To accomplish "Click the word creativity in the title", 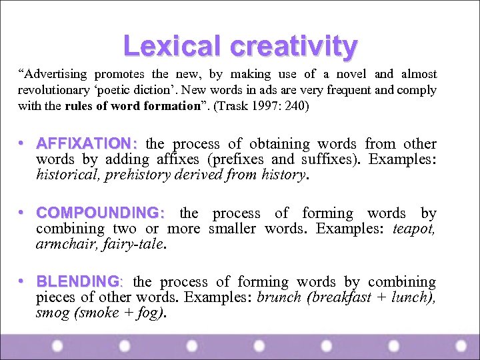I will pos(294,46).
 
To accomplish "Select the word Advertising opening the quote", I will pos(56,74).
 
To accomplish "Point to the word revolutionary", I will pos(52,90).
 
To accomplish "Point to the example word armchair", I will pos(62,245).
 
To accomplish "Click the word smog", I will pos(50,313).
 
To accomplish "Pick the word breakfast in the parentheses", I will pos(340,298).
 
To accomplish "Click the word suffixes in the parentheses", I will pos(325,160).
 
